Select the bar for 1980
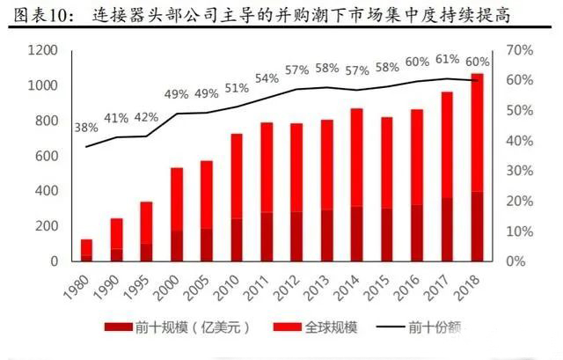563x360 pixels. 86,250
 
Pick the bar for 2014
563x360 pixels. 356,185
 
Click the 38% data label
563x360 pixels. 86,128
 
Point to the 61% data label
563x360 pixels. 447,60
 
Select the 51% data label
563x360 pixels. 238,89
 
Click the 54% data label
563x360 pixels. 267,79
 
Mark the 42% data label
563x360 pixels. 146,118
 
